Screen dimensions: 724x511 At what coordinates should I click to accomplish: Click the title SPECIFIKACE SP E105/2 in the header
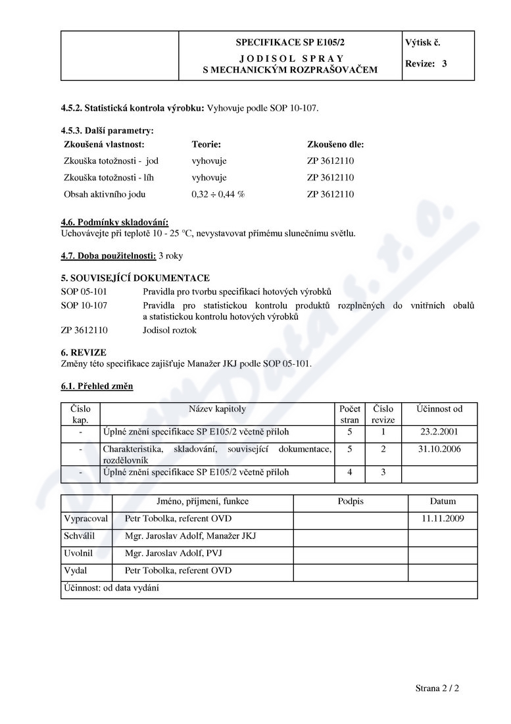pyautogui.click(x=290, y=43)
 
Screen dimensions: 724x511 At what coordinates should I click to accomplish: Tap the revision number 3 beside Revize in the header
pyautogui.click(x=445, y=64)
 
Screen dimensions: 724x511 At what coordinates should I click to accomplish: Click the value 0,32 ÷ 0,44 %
pyautogui.click(x=218, y=194)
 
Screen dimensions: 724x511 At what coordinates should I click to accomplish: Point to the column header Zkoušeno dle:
pyautogui.click(x=335, y=143)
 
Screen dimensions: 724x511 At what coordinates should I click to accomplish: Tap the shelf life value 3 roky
pyautogui.click(x=170, y=255)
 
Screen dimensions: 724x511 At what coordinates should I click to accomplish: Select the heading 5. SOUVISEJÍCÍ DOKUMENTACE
pyautogui.click(x=135, y=278)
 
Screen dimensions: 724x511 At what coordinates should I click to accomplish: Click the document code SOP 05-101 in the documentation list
pyautogui.click(x=84, y=290)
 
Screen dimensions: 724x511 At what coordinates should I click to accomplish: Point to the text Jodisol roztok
pyautogui.click(x=169, y=330)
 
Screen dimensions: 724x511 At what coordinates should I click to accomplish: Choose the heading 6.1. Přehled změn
pyautogui.click(x=97, y=386)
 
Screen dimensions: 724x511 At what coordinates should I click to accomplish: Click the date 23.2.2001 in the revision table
pyautogui.click(x=439, y=432)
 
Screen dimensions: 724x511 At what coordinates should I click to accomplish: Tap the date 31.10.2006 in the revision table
pyautogui.click(x=439, y=449)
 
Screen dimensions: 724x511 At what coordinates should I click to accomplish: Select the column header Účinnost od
pyautogui.click(x=439, y=409)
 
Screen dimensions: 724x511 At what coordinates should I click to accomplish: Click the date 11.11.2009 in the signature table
pyautogui.click(x=443, y=519)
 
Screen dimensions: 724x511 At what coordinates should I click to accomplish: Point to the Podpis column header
pyautogui.click(x=351, y=502)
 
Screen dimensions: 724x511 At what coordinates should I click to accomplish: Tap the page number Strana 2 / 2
pyautogui.click(x=437, y=688)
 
